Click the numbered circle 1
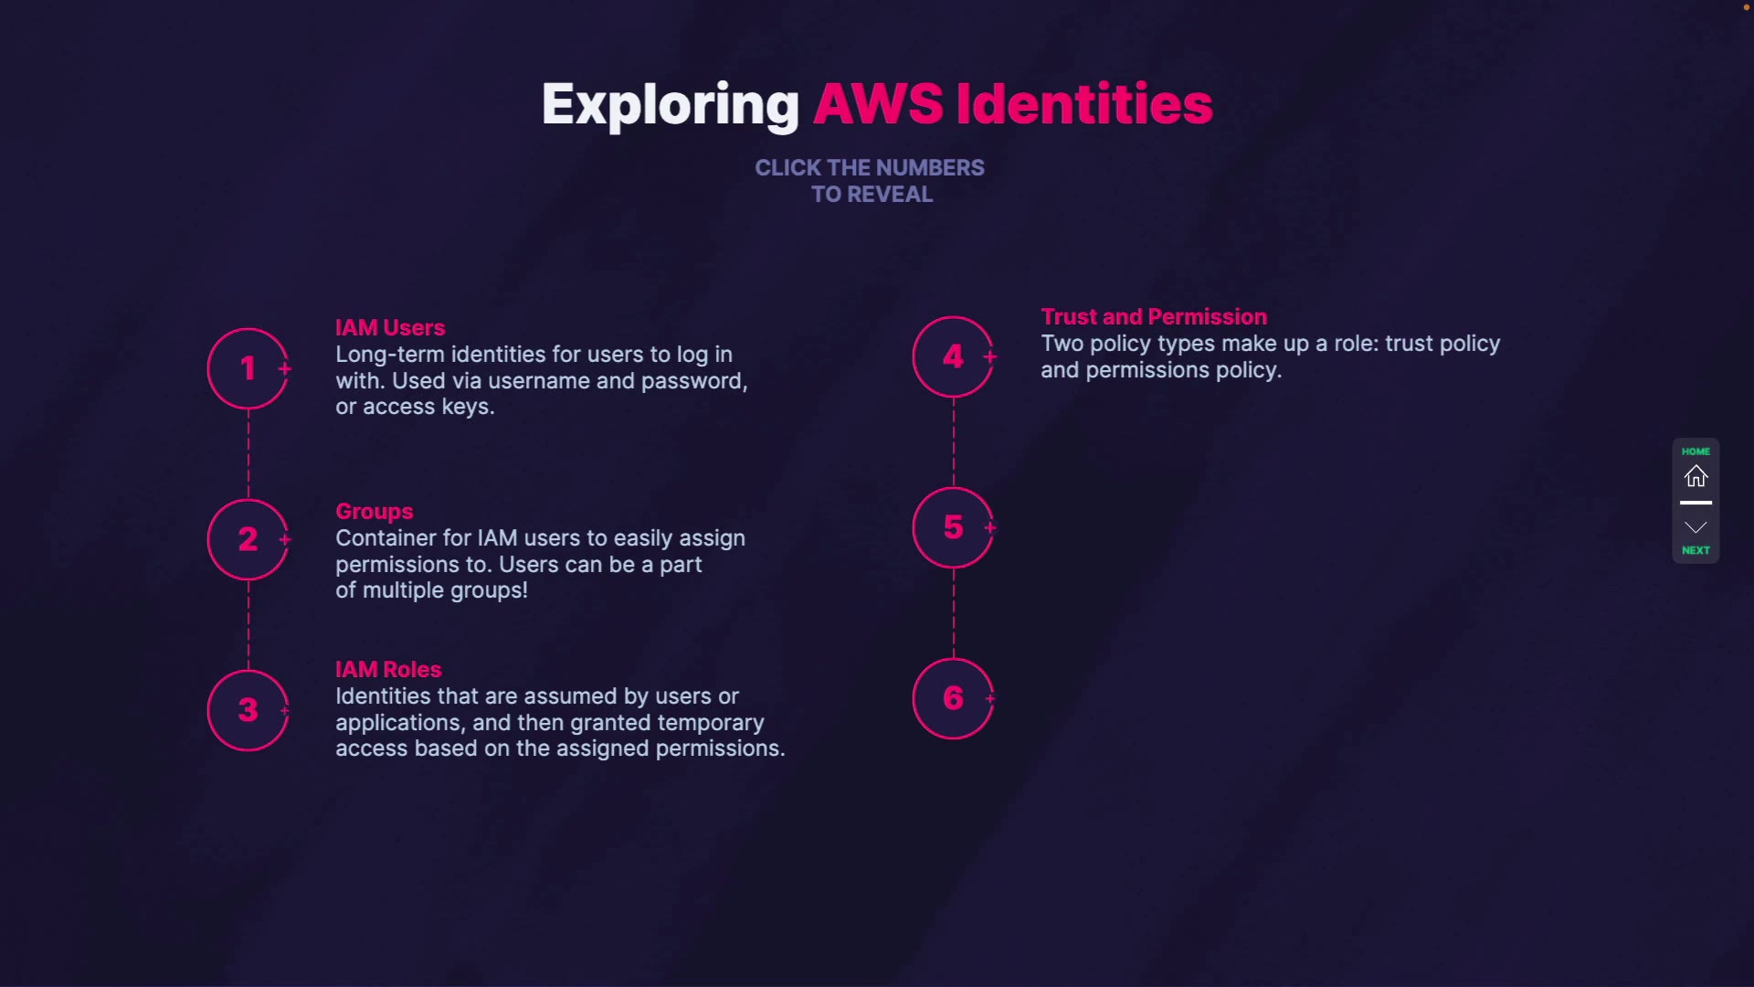(x=248, y=368)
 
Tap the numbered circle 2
(x=248, y=539)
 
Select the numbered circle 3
(x=248, y=710)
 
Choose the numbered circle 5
(x=953, y=527)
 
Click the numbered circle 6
(x=953, y=698)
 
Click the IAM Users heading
(x=390, y=327)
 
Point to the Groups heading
(x=374, y=511)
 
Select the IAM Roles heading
(x=388, y=669)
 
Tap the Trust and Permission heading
(x=1154, y=316)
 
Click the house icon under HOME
(x=1696, y=476)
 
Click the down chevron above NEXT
(x=1696, y=527)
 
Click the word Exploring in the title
(x=670, y=104)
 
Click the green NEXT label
(x=1696, y=550)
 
